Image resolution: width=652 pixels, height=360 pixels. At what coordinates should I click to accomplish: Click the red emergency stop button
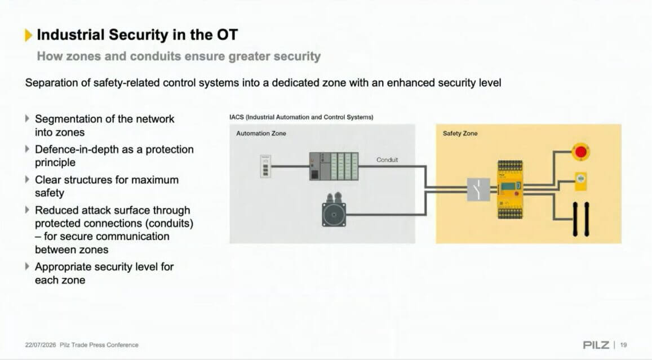580,152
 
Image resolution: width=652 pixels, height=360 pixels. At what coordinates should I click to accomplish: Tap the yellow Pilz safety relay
510,189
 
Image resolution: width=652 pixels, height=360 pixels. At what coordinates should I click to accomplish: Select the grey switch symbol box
478,189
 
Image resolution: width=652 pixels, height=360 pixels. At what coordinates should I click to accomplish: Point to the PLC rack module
334,166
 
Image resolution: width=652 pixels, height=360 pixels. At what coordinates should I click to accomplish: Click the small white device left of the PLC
265,166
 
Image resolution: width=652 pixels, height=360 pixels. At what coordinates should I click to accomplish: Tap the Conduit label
387,159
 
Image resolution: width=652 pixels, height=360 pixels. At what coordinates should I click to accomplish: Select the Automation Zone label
261,134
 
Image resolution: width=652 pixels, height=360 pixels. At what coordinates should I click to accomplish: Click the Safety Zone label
460,134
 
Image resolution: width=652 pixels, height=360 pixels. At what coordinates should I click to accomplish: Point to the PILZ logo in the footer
596,345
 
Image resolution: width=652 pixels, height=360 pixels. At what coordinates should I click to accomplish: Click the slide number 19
623,345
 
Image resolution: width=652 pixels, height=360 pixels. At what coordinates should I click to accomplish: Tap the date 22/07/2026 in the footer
41,345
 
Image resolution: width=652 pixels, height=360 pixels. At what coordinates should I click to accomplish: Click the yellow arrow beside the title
28,35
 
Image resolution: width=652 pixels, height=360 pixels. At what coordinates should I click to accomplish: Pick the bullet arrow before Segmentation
27,118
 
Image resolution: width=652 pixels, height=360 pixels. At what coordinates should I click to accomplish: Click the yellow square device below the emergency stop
581,181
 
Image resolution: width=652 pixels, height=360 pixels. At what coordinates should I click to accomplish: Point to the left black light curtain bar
575,219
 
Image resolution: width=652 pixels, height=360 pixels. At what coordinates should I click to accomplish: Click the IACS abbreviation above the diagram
236,117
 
